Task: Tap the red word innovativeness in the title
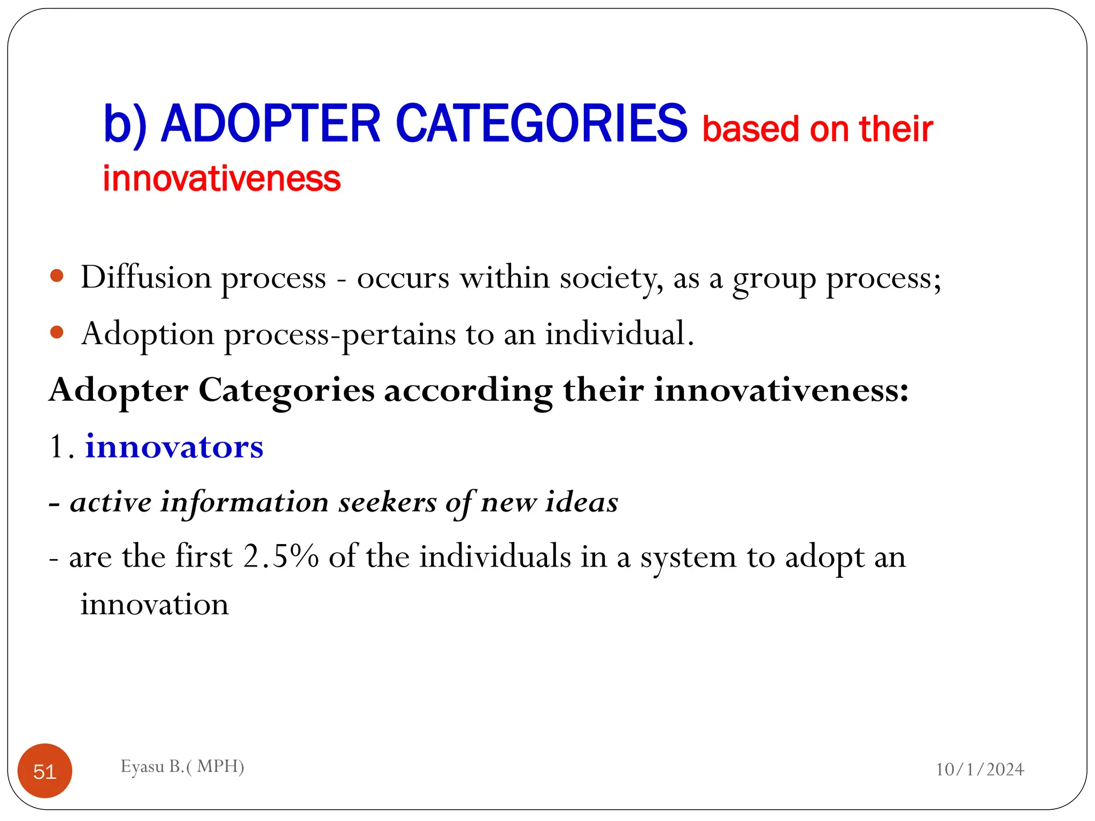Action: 221,179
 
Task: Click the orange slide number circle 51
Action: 45,771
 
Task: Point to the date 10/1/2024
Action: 980,769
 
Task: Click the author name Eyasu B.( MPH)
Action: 182,766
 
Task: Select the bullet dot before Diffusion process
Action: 57,276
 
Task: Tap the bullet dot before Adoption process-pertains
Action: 57,332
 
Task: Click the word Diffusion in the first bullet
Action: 146,277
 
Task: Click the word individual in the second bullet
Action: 619,334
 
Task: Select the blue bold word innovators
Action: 174,446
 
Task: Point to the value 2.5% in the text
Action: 281,556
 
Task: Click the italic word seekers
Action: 387,502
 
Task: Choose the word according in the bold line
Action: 468,391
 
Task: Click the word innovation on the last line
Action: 155,605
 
